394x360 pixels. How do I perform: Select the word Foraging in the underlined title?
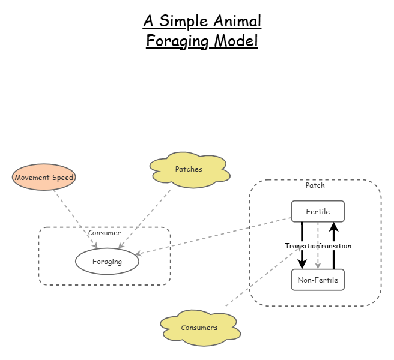point(175,41)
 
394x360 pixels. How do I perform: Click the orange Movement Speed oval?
point(44,177)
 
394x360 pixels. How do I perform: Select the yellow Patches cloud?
point(189,170)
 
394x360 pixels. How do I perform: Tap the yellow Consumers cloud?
point(199,328)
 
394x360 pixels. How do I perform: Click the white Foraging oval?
point(107,262)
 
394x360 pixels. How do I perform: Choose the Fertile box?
point(318,211)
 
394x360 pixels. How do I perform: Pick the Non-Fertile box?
point(318,280)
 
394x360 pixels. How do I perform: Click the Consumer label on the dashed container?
point(105,233)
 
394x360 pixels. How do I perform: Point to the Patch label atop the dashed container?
point(315,185)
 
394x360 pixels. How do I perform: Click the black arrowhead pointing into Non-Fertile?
point(302,264)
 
